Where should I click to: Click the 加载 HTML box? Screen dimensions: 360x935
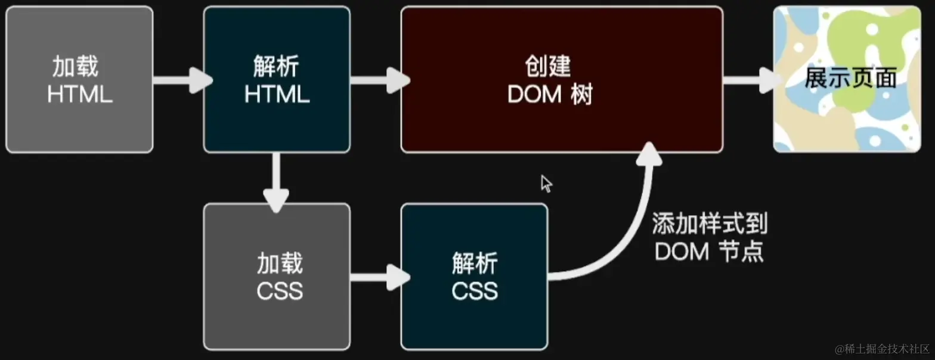[79, 79]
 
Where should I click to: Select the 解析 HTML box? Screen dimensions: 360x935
[277, 79]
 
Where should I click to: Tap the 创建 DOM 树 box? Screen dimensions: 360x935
[562, 79]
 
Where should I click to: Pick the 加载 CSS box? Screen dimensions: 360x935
[277, 277]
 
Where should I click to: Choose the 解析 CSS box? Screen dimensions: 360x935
[474, 277]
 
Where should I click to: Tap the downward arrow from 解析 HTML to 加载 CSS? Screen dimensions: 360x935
[276, 179]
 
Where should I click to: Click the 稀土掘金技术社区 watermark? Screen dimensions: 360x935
[882, 348]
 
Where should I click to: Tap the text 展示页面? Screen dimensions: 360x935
[850, 79]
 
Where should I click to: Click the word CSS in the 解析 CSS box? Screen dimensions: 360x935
[475, 291]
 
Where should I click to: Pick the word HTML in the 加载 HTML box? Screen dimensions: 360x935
[80, 95]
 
